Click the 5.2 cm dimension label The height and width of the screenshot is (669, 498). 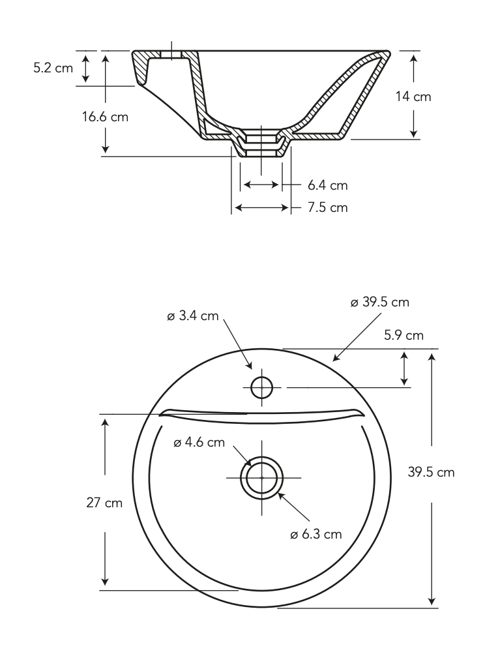pos(53,68)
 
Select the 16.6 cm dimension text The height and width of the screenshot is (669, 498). pos(106,117)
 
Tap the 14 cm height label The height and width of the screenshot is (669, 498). pos(413,97)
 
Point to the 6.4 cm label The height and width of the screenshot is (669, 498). pos(327,186)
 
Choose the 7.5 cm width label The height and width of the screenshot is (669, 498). pos(327,208)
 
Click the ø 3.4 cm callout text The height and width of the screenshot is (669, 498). pos(193,316)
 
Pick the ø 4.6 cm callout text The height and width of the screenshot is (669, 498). pos(199,443)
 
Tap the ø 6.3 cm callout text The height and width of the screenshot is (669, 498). pos(316,534)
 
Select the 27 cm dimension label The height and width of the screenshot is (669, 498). pos(104,503)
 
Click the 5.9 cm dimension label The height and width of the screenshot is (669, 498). pos(403,335)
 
